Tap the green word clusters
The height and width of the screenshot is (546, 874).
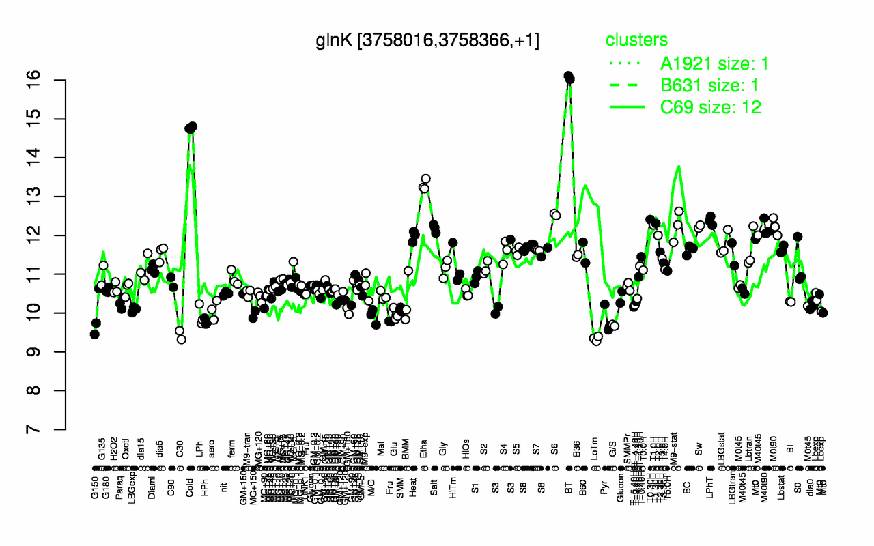click(637, 40)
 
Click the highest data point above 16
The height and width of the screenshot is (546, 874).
click(567, 76)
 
